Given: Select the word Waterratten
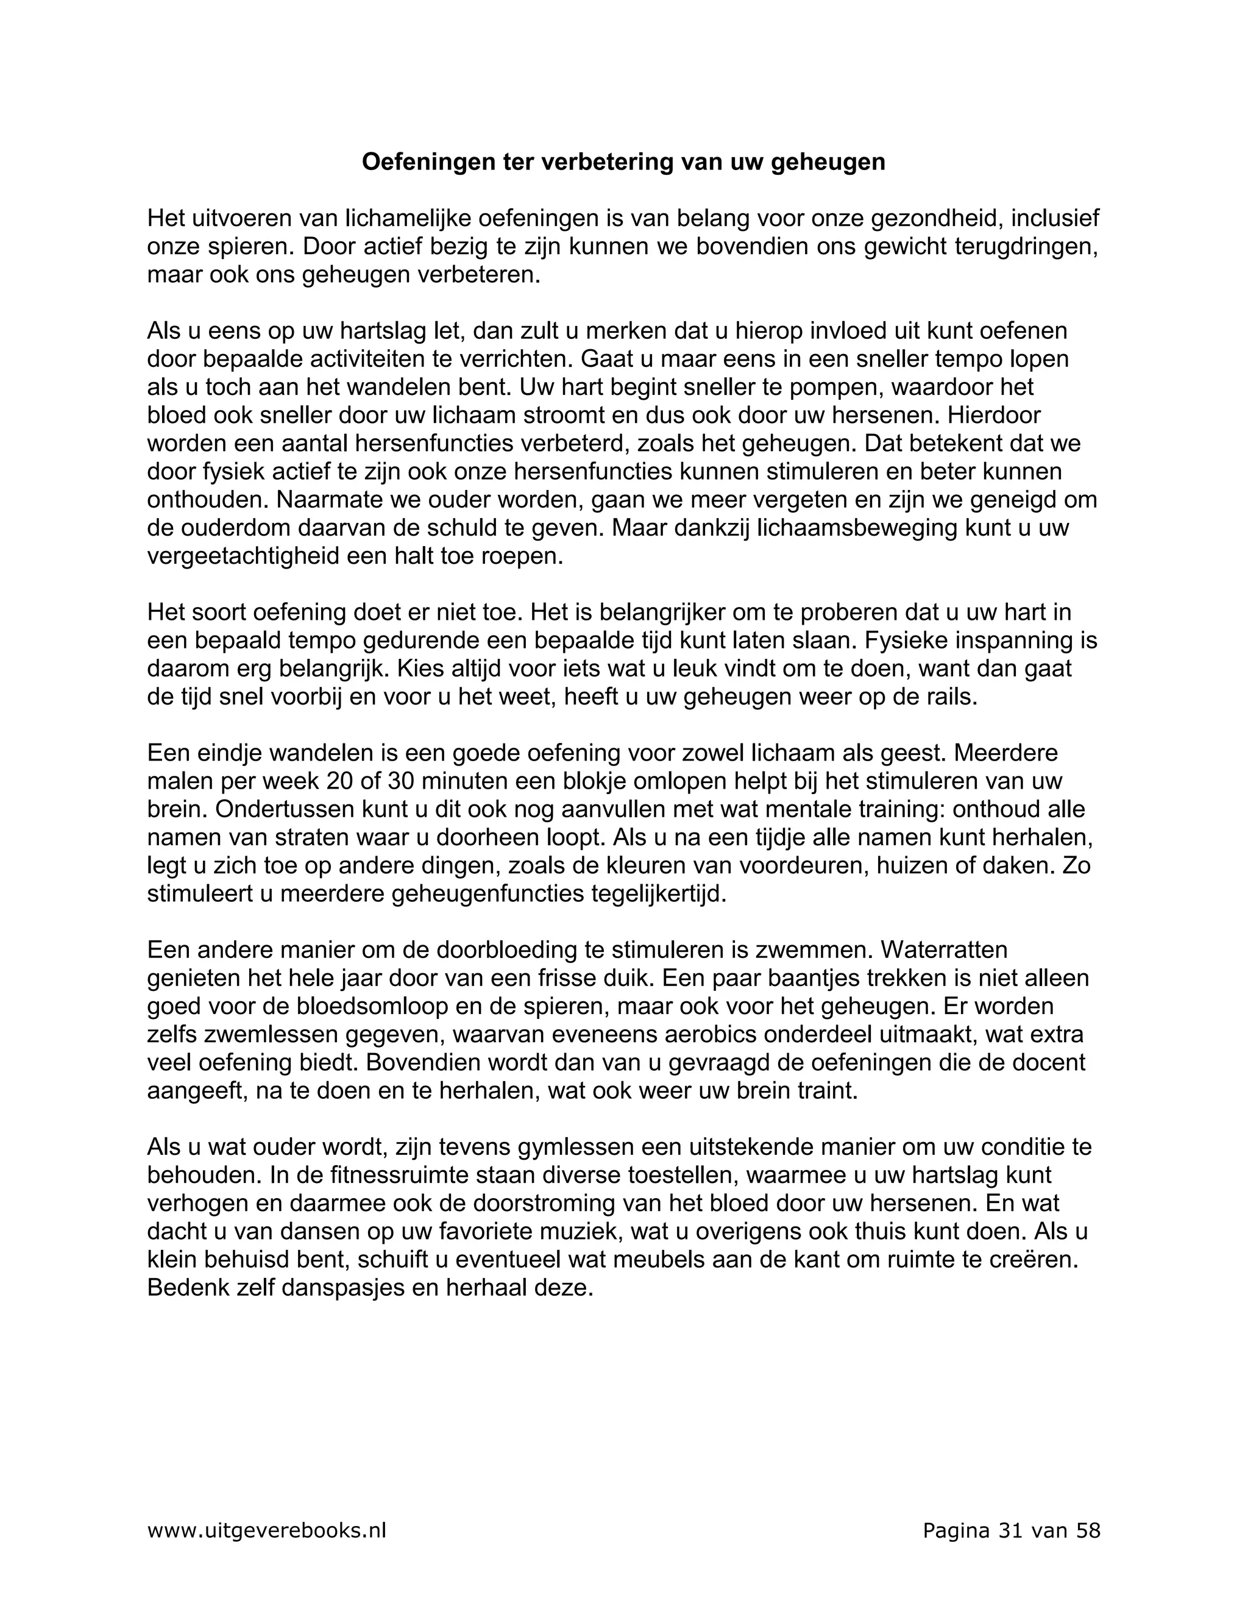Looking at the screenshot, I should (944, 949).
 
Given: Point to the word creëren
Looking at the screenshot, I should (1030, 1260).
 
